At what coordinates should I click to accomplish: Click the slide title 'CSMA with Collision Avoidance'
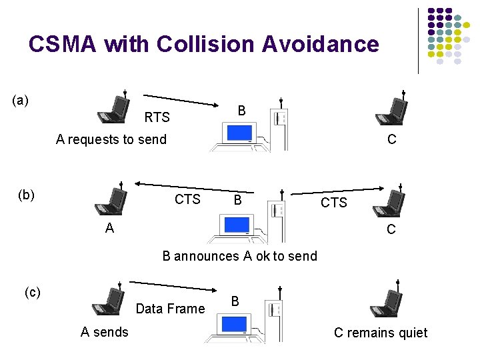203,45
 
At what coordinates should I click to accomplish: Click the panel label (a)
21,101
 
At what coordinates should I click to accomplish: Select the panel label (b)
27,195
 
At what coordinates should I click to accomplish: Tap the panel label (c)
33,292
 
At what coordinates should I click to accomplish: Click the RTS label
157,118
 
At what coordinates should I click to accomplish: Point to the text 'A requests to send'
111,139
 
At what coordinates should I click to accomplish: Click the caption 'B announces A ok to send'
240,256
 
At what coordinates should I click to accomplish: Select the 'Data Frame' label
170,309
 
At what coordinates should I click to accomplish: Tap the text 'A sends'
105,332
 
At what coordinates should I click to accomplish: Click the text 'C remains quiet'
381,333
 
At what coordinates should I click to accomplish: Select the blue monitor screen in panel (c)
234,324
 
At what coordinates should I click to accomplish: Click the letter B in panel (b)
237,200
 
